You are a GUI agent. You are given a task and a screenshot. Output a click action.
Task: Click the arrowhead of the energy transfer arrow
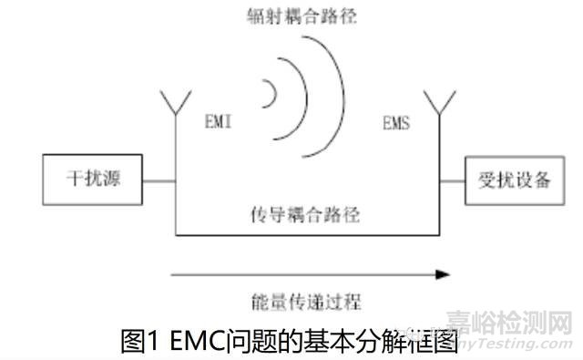[443, 273]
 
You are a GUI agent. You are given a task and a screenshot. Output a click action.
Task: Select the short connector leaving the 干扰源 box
[160, 179]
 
